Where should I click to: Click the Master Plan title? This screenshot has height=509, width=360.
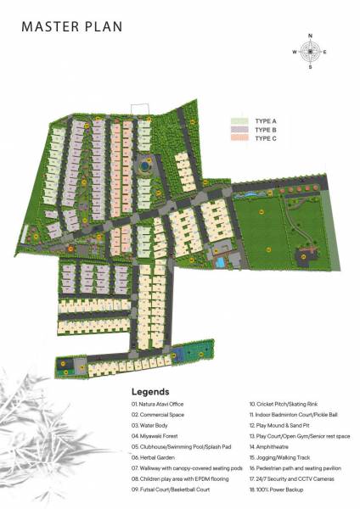[x=72, y=26]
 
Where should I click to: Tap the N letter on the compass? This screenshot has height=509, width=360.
[x=310, y=36]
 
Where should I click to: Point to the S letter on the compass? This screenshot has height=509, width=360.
[x=310, y=66]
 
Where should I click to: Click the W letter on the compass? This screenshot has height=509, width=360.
[x=294, y=52]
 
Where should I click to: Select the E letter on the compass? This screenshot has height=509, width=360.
[x=325, y=52]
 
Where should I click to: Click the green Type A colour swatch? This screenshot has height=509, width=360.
[x=238, y=121]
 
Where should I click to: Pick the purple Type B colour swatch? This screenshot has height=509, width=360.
[x=238, y=129]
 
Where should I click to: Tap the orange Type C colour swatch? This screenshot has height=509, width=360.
[x=238, y=137]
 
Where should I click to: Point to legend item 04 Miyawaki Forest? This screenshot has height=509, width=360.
[x=160, y=434]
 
